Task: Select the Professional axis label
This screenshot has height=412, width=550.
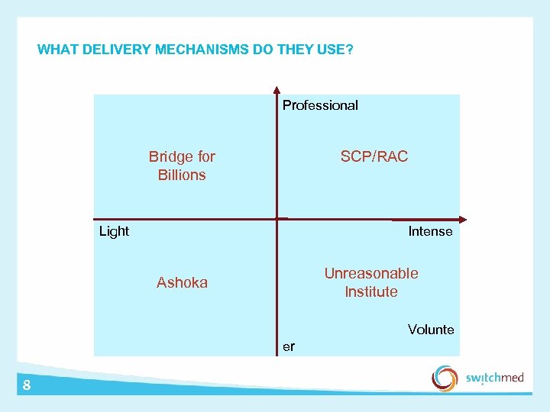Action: (x=320, y=105)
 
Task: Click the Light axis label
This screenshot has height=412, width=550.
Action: (x=114, y=231)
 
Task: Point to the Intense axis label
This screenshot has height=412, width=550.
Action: (x=430, y=231)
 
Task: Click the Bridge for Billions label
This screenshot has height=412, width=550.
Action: (x=182, y=166)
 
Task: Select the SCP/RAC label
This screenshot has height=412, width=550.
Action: (x=374, y=156)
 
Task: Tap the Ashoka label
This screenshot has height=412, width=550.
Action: (x=182, y=282)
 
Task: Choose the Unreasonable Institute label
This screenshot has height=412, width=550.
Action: (x=371, y=282)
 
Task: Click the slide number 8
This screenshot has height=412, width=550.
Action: (x=27, y=385)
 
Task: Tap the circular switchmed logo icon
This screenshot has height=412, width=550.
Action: (x=445, y=378)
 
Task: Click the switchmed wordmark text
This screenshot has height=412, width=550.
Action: (x=494, y=378)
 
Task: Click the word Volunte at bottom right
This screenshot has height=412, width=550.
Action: (x=431, y=330)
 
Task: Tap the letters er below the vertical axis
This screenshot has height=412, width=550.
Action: (x=288, y=346)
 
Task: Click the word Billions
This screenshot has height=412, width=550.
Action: (x=182, y=175)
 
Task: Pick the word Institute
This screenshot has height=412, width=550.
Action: (x=371, y=291)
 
